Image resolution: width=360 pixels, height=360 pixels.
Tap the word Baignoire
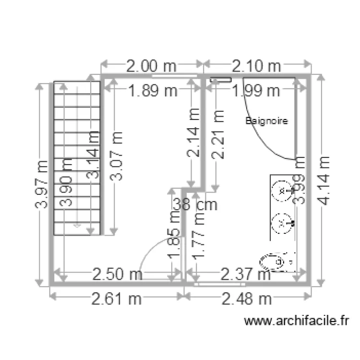[267, 121]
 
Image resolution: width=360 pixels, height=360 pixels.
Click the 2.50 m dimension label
[117, 275]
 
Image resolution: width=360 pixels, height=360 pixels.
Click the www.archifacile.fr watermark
[296, 321]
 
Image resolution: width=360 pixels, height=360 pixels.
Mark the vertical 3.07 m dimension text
[117, 156]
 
